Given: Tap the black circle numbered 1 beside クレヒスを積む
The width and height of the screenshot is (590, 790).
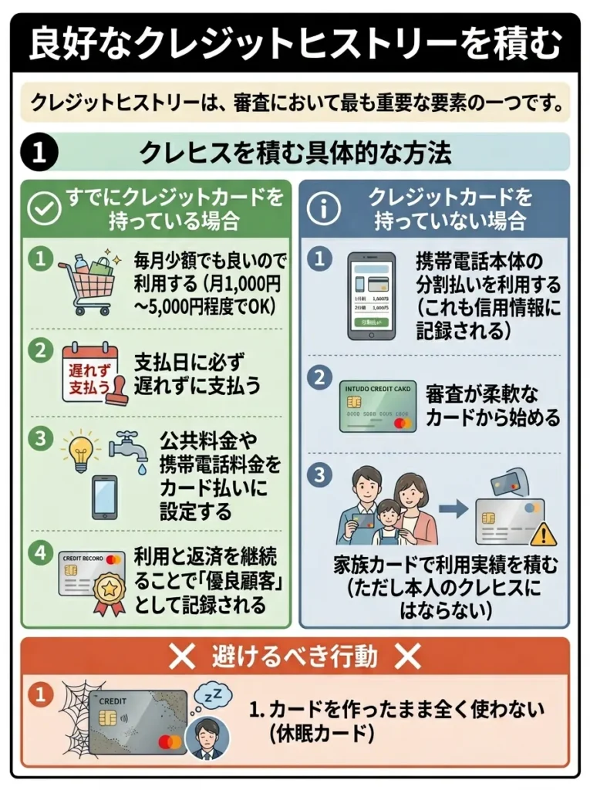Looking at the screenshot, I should click(x=35, y=153).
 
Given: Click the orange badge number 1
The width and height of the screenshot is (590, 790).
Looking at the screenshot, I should click(x=37, y=694).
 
